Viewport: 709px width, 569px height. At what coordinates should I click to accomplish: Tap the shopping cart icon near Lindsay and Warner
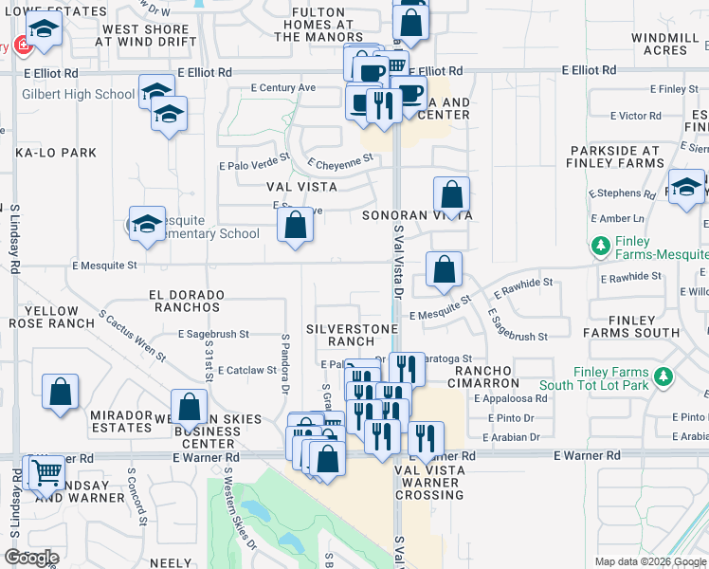coord(45,471)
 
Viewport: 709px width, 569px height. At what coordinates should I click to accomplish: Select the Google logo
coord(30,558)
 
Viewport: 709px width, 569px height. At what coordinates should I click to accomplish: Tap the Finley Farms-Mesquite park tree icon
coord(600,247)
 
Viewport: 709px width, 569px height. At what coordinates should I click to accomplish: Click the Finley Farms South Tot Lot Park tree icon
coord(664,377)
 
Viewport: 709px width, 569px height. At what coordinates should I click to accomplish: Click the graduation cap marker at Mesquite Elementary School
coord(147,224)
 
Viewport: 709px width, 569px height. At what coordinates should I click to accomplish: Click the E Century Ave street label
coord(282,87)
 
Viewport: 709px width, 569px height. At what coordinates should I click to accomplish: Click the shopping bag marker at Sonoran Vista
coord(452,194)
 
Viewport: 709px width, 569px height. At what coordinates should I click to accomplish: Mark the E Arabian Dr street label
coord(510,437)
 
